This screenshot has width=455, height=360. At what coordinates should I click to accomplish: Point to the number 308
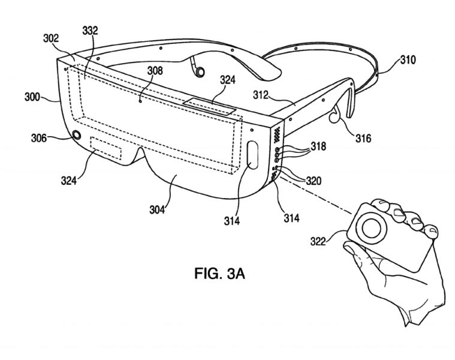coord(154,70)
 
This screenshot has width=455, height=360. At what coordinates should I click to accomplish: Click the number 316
coord(361,139)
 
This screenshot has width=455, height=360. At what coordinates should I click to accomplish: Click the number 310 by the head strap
coord(408,60)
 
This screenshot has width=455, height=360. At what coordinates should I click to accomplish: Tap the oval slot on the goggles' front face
coord(252,157)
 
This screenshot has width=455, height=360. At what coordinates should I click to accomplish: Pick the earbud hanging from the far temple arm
coord(199,72)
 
